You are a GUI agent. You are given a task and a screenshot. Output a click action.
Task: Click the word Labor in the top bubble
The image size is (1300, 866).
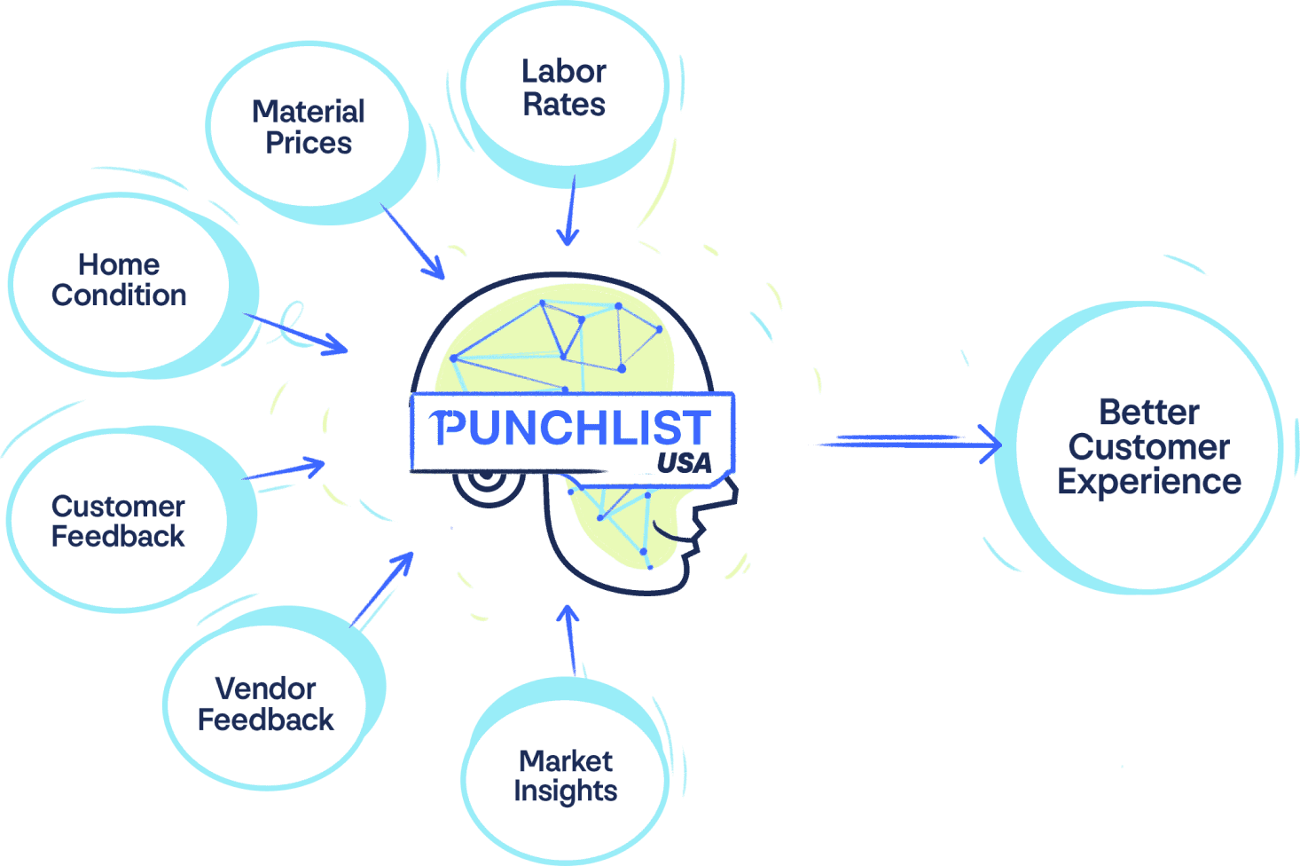[x=563, y=71]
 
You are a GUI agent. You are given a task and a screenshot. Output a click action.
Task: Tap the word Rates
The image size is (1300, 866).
[x=564, y=105]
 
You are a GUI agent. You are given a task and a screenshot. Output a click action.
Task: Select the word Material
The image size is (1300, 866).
[x=309, y=112]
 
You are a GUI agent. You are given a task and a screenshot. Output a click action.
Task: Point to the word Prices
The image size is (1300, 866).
[x=309, y=143]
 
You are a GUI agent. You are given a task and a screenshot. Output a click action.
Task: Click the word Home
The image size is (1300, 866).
[x=119, y=264]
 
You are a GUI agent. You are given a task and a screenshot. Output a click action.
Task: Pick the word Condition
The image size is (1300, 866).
[x=119, y=295]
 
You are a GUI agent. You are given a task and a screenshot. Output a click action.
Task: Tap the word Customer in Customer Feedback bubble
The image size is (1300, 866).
[x=118, y=506]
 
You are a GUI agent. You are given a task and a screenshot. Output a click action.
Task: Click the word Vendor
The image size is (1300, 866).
[x=265, y=689]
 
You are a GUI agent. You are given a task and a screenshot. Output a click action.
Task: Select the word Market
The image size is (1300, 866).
[x=566, y=760]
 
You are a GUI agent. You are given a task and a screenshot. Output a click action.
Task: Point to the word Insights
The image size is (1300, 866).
[x=566, y=791]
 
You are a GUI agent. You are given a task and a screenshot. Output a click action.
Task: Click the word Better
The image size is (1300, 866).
[x=1148, y=412]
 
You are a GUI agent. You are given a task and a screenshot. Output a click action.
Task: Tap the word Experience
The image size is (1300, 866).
[x=1149, y=482]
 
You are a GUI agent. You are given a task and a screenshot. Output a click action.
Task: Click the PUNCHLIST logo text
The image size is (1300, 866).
[x=572, y=428]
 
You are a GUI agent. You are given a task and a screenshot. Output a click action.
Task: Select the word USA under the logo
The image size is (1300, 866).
[x=684, y=462]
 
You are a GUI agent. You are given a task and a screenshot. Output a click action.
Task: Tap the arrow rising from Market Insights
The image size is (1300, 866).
[x=569, y=639]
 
